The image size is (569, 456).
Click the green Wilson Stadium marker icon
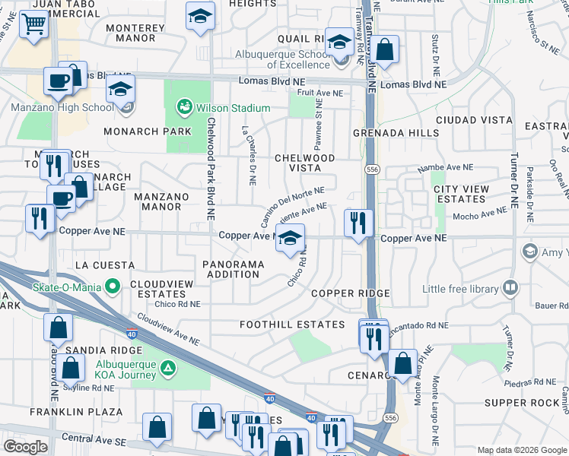pos(184,108)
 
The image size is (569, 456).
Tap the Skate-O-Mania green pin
pos(113,287)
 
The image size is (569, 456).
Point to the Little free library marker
pos(510,289)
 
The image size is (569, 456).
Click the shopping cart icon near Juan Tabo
pos(33,24)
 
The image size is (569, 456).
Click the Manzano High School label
pos(62,108)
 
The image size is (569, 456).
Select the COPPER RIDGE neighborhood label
pos(350,293)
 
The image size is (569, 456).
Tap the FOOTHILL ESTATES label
pos(292,325)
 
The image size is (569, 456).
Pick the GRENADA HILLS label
pos(396,133)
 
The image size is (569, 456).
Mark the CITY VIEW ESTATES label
pos(459,194)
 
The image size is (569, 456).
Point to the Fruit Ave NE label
pos(320,93)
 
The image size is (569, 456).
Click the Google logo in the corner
pos(26,447)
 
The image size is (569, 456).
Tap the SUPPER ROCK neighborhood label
pos(521,402)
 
